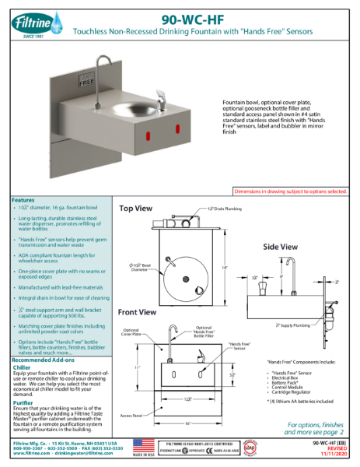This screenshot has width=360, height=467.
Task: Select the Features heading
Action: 23,200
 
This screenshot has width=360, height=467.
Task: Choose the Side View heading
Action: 279,247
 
